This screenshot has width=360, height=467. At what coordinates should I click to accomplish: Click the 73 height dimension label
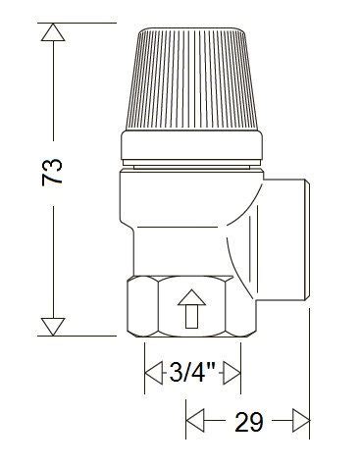pyautogui.click(x=55, y=174)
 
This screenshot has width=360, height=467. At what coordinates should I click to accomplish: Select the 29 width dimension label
pyautogui.click(x=247, y=423)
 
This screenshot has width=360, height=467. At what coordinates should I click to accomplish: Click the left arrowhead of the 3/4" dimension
pyautogui.click(x=153, y=372)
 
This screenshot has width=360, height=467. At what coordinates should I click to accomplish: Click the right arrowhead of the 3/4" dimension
pyautogui.click(x=232, y=372)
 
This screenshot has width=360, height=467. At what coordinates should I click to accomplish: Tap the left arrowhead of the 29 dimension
pyautogui.click(x=193, y=423)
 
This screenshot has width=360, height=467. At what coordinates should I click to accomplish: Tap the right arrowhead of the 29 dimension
pyautogui.click(x=301, y=423)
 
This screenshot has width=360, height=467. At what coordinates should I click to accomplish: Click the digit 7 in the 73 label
pyautogui.click(x=55, y=183)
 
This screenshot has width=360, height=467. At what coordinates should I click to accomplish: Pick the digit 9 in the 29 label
pyautogui.click(x=258, y=423)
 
